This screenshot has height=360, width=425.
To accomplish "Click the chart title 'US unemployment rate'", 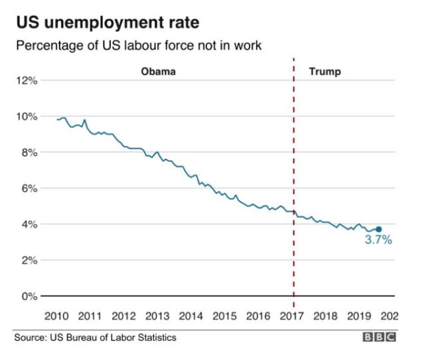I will (108, 23).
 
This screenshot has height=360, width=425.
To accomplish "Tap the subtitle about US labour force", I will (138, 46).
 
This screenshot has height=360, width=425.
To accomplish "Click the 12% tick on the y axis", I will (27, 81).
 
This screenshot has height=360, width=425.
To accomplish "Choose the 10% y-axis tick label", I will (27, 117).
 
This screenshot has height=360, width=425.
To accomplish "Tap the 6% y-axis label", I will (29, 189).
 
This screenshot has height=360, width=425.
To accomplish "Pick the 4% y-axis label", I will (29, 225).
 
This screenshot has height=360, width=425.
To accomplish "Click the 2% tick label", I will (29, 260).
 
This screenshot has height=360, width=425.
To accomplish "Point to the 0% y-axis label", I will (29, 296).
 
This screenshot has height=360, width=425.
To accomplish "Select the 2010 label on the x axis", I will (56, 315).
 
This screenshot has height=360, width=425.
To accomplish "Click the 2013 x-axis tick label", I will (157, 315).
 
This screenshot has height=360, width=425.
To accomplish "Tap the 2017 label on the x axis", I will (293, 315).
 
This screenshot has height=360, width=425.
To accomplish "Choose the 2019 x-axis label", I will (360, 315).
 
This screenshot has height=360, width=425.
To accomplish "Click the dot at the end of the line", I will (379, 229).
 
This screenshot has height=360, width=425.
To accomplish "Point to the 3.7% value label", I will (379, 240).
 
